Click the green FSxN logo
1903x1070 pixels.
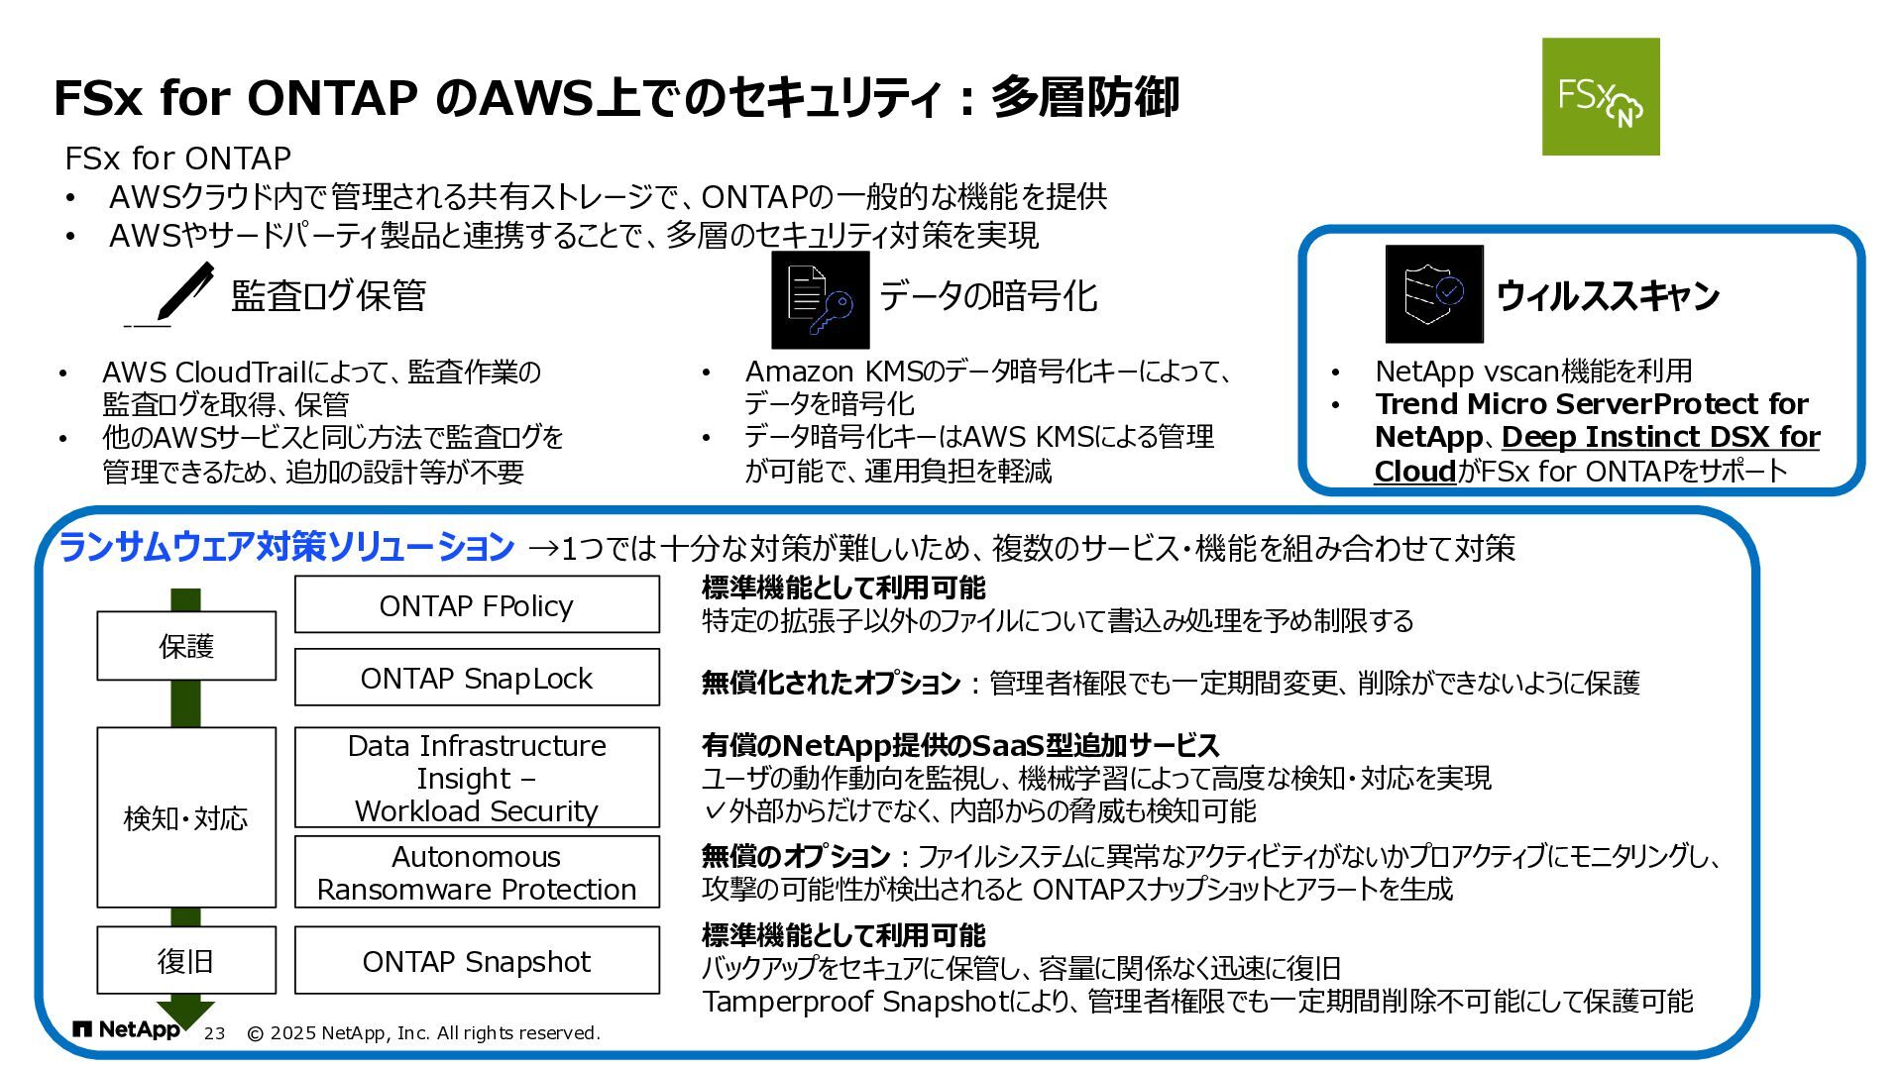1600,96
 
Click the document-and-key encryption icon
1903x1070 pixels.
820,299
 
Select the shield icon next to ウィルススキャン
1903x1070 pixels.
1433,293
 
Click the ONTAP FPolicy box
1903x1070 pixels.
477,604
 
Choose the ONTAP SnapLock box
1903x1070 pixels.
477,678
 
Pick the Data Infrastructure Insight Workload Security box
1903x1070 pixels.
477,778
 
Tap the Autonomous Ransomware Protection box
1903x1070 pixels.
477,872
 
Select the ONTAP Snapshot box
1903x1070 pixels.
477,961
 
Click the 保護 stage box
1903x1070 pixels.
186,646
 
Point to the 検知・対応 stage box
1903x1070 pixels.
186,817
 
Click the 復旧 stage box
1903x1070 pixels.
186,960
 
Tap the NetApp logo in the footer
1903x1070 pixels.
127,1030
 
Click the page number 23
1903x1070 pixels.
214,1033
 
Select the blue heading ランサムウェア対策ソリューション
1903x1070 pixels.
286,547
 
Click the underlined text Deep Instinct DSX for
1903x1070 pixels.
1660,437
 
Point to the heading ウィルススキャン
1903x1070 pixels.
1607,295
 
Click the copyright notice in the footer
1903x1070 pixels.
423,1033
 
